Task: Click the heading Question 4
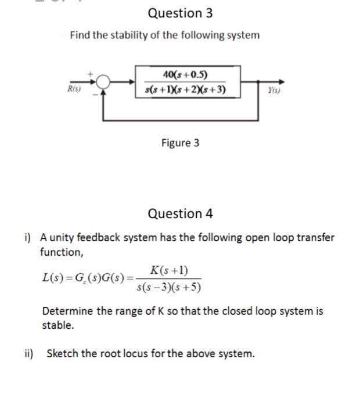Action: click(180, 213)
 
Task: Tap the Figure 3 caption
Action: click(180, 143)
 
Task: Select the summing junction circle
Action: click(104, 82)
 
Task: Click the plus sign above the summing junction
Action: click(91, 74)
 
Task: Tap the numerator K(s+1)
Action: click(168, 270)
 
